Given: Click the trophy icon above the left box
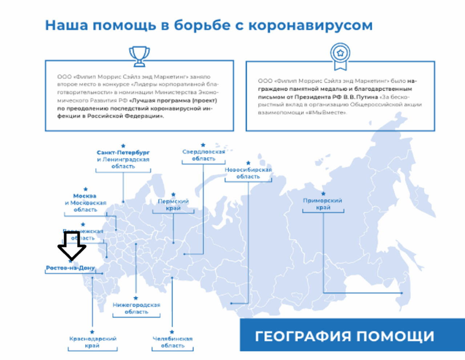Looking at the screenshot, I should coord(139,56).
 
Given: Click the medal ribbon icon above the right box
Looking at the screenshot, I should coord(340,56).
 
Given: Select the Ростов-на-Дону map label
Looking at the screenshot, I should coord(70,268).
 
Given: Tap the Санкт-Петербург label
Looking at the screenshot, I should coord(123,152).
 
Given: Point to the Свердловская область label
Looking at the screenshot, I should coord(203,155).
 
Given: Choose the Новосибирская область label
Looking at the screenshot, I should coord(248,173).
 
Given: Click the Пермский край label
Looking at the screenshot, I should coord(173,205).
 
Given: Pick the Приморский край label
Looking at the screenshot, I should coord(323,204).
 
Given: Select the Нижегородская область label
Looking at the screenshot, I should coord(136,308).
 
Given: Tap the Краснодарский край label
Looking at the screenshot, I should coord(93,342).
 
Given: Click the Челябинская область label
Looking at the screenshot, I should coord(173,342).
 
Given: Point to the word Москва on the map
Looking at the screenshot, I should coord(85,196).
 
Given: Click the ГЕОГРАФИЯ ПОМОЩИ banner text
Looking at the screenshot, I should coord(344,336).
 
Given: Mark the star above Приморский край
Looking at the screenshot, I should coord(323,193).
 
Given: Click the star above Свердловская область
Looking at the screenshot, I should coord(203,145).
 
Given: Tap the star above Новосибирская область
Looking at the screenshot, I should coord(248,163).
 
